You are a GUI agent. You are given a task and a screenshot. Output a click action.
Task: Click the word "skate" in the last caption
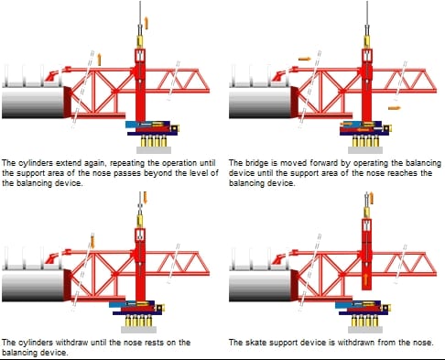pyautogui.click(x=257, y=343)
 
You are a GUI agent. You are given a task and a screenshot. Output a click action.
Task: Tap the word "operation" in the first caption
pyautogui.click(x=179, y=163)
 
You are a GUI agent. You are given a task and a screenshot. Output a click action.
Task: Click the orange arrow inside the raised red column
pyautogui.click(x=366, y=279)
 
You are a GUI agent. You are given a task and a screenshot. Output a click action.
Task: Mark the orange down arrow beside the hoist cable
pyautogui.click(x=145, y=197)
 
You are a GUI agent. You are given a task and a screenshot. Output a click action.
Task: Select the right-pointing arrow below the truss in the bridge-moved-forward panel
pyautogui.click(x=394, y=108)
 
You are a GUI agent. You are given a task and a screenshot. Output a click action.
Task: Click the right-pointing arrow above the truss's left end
pyautogui.click(x=304, y=59)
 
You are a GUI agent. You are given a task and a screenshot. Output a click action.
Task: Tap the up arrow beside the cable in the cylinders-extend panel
pyautogui.click(x=146, y=23)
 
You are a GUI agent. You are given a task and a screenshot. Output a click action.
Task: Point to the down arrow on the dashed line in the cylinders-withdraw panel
pyautogui.click(x=92, y=242)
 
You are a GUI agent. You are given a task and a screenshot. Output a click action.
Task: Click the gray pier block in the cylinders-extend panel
pyautogui.click(x=154, y=149)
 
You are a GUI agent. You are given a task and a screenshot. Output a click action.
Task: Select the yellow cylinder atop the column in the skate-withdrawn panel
pyautogui.click(x=366, y=213)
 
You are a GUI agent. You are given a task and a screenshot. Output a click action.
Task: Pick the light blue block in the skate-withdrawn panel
pyautogui.click(x=344, y=304)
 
